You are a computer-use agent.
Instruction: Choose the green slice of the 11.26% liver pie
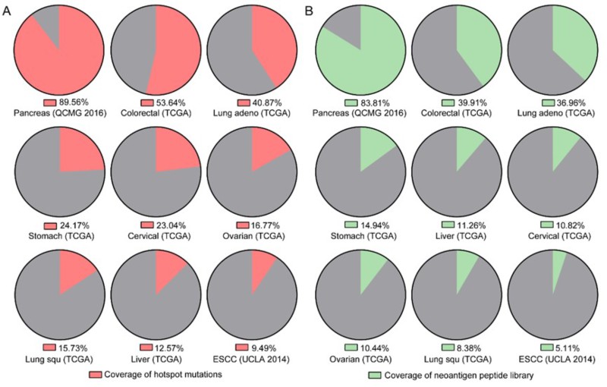pyautogui.click(x=467, y=146)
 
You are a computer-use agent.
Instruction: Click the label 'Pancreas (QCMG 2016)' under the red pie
pyautogui.click(x=58, y=113)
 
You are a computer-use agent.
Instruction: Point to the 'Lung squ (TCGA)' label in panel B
pyautogui.click(x=458, y=359)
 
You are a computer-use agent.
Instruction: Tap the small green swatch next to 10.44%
pyautogui.click(x=351, y=348)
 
